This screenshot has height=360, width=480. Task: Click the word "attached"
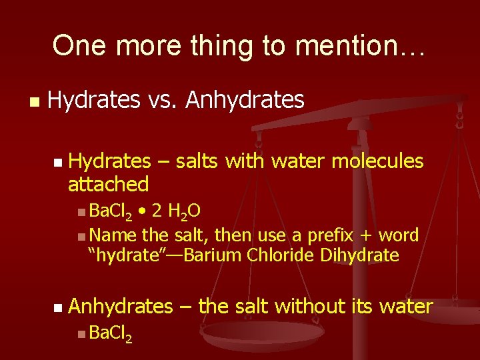(x=108, y=183)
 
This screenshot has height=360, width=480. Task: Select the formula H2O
(x=185, y=212)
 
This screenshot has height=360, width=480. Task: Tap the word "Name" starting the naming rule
(x=112, y=235)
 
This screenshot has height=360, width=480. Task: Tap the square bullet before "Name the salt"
(x=80, y=236)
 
